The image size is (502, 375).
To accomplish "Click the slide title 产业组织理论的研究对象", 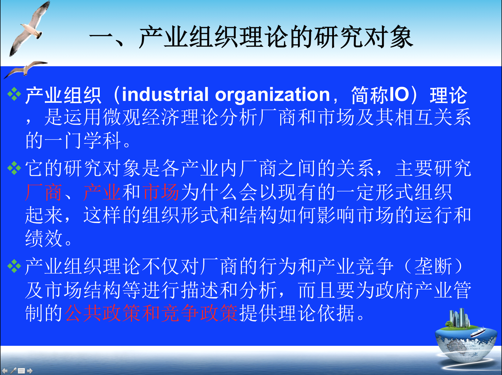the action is pos(276,37).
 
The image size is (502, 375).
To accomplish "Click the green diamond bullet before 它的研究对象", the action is pos(14,168).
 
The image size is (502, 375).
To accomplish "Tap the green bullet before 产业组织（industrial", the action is pos(14,94).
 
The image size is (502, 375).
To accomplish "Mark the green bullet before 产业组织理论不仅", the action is pos(14,266).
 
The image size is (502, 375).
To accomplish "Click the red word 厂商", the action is pos(44,192).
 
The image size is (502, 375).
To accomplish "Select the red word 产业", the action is pos(102,192).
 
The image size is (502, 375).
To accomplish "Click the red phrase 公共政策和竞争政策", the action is pos(151,313).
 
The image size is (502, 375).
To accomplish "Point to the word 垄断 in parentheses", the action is pos(433,267).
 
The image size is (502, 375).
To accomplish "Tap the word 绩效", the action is pos(44,238).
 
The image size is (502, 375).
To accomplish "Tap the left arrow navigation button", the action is pos(5,371).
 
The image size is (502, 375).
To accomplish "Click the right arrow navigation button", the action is pos(30,371).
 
